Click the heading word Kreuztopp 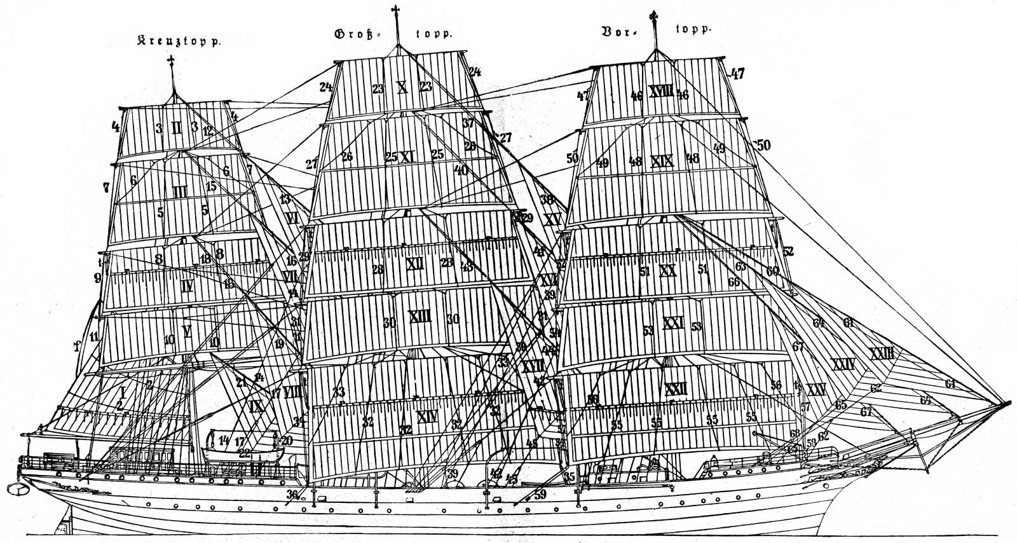(x=180, y=43)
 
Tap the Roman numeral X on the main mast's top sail (x=402, y=86)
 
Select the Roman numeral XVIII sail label (x=661, y=92)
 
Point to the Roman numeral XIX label (x=662, y=160)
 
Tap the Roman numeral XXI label (x=672, y=324)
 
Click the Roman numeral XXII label (x=676, y=388)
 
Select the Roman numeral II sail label (x=177, y=128)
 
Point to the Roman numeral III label (x=180, y=191)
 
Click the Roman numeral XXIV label (x=843, y=364)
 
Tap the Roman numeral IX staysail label (x=256, y=406)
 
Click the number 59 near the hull (x=540, y=493)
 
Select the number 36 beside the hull (x=292, y=495)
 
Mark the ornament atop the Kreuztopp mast (x=170, y=62)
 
